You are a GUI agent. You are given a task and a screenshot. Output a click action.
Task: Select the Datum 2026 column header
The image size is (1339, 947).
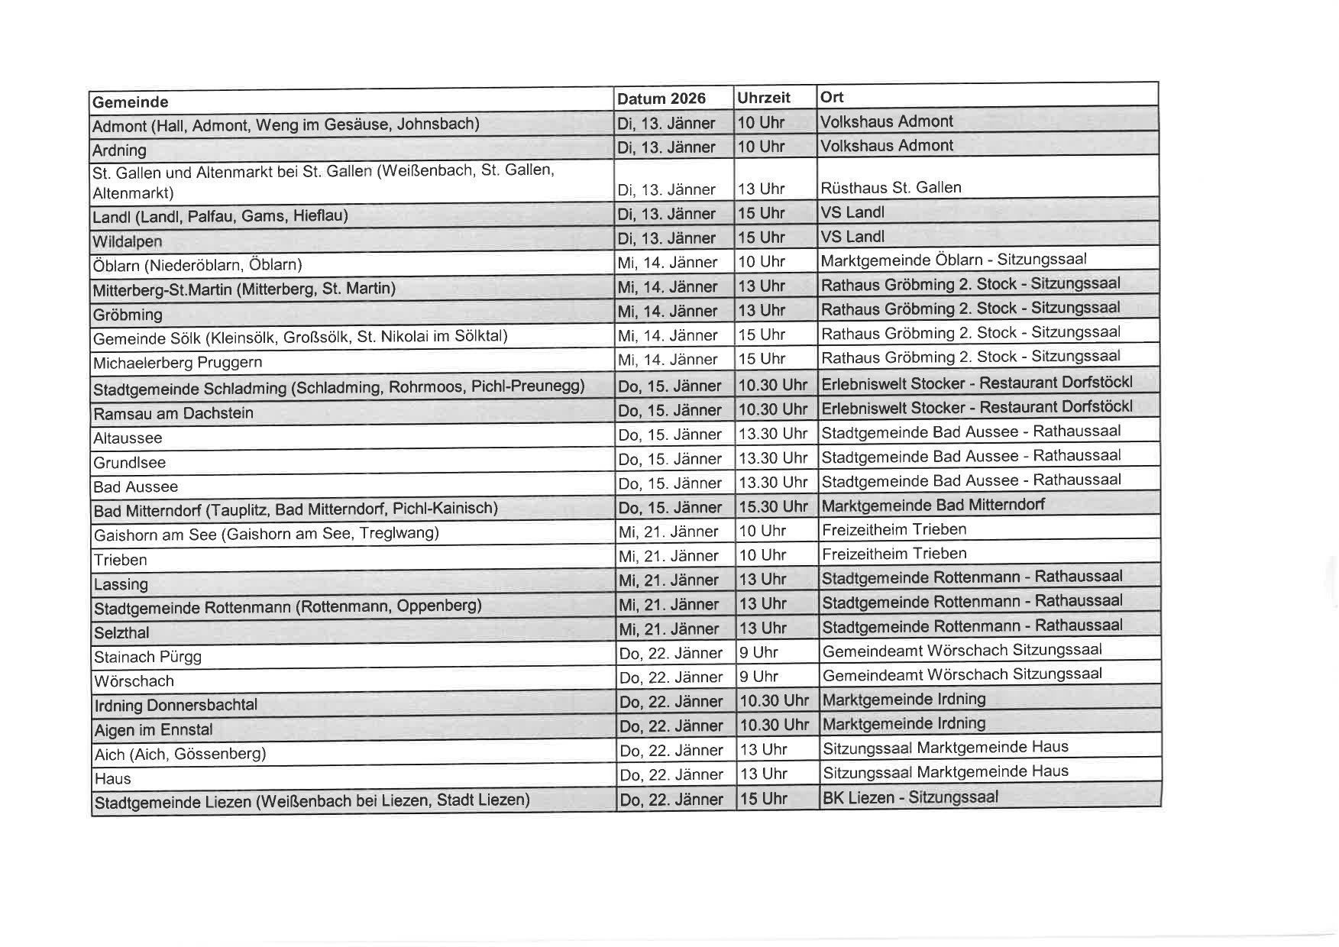point(661,99)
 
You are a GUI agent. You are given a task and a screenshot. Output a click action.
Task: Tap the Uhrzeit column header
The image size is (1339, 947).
point(764,98)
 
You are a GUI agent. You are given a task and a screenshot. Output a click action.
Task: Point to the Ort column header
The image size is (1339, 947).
point(832,97)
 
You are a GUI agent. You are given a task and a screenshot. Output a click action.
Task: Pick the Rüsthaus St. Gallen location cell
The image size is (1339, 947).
point(891,188)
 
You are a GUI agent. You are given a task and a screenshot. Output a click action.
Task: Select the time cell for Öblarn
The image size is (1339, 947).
point(762,262)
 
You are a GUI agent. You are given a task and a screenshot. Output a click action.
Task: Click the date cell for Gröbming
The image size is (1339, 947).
point(668,311)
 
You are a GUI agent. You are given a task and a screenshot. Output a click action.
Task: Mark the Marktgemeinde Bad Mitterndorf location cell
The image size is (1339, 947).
point(933,505)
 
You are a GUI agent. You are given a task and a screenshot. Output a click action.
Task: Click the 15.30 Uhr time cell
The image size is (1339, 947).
point(773,506)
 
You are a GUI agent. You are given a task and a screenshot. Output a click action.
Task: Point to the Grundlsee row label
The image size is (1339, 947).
point(130,463)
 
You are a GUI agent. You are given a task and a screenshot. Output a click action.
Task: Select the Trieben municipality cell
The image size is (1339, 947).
point(121,560)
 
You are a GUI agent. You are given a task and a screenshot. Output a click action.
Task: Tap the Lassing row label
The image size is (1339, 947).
point(121,584)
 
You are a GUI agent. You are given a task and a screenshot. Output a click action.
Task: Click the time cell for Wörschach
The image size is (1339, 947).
point(758,677)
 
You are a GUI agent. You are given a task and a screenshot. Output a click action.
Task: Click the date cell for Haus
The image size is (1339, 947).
point(671,774)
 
